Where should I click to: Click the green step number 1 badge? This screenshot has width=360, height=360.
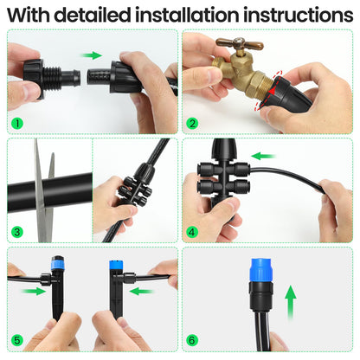[x=16, y=123]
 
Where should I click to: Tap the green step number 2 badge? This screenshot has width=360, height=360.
[x=192, y=123]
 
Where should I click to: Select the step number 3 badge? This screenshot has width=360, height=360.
[x=16, y=232]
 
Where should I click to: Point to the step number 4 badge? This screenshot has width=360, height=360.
[x=192, y=232]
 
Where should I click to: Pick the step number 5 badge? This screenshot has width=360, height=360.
[x=16, y=341]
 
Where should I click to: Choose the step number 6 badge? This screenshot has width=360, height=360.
[x=192, y=341]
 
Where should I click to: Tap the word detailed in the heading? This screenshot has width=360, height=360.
[x=108, y=16]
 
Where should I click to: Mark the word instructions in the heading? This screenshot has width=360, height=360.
[x=299, y=16]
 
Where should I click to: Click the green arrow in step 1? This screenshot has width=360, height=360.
[x=91, y=55]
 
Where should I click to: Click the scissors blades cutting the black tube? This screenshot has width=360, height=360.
[x=42, y=177]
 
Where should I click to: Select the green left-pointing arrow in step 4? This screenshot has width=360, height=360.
[x=264, y=157]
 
